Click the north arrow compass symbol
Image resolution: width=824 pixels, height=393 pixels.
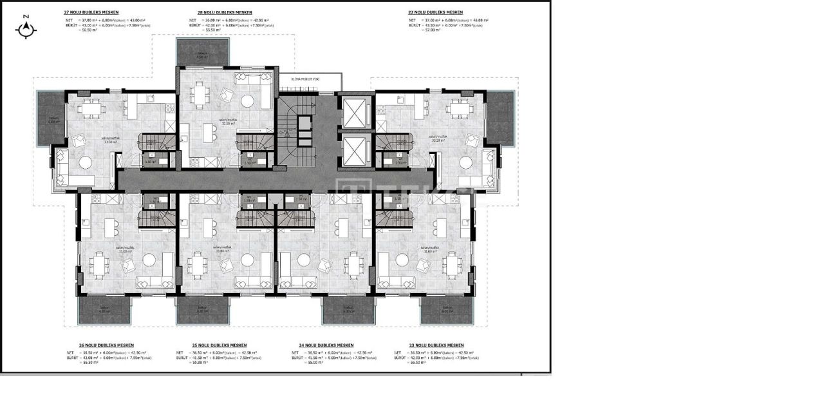[x=26, y=28]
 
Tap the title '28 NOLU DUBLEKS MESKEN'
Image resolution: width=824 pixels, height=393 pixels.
[x=225, y=12]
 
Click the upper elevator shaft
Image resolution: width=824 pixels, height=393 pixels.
[x=353, y=114]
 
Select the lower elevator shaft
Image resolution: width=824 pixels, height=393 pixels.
[x=353, y=152]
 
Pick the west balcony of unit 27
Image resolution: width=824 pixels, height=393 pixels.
[x=51, y=117]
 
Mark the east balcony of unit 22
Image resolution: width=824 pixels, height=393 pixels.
[x=500, y=117]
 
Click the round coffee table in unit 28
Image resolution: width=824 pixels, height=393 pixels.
[x=248, y=102]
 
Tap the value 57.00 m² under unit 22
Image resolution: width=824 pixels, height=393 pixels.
[x=431, y=30]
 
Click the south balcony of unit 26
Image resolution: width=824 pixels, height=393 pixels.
[x=104, y=311]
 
